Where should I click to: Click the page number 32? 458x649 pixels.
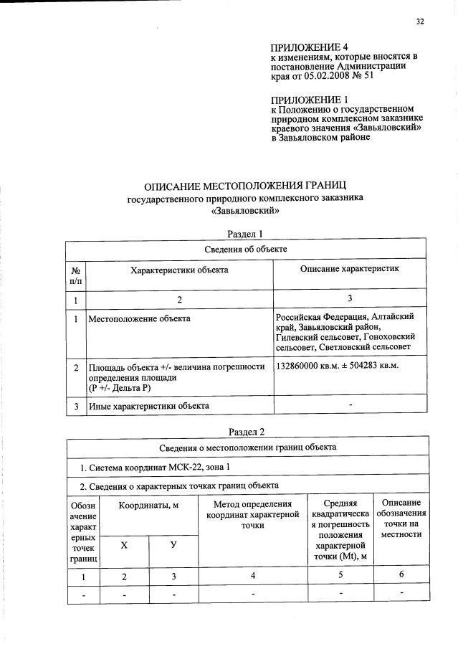(420, 22)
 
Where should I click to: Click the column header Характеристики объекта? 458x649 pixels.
(179, 270)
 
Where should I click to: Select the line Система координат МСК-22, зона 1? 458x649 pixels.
(155, 468)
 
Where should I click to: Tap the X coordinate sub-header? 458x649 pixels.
(124, 546)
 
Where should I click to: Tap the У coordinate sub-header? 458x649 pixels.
(173, 546)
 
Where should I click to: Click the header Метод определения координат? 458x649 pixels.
(252, 515)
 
